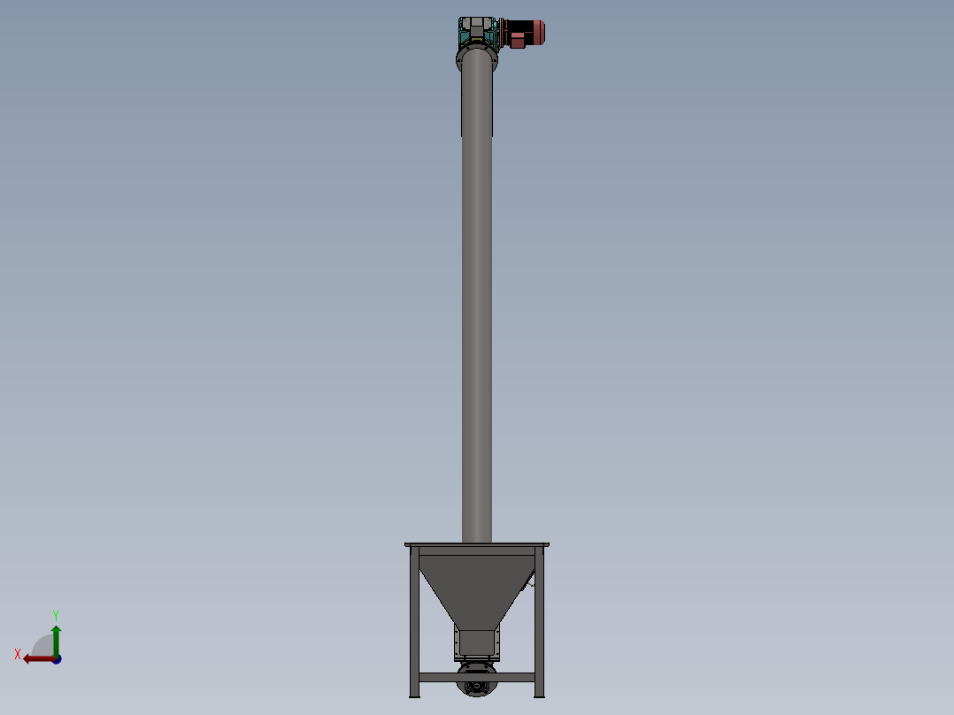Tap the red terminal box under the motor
(517, 41)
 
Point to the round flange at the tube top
(477, 60)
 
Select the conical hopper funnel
(476, 584)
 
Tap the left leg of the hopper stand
(412, 619)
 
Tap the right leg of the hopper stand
(540, 619)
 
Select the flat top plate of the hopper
(476, 545)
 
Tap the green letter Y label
(56, 614)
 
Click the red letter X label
(18, 654)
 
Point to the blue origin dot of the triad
(57, 659)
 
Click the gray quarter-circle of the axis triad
(43, 647)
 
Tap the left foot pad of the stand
(413, 696)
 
